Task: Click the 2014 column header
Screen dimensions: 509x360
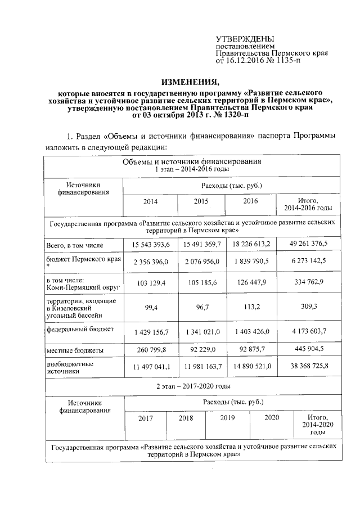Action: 150,201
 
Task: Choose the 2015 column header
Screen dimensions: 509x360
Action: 201,201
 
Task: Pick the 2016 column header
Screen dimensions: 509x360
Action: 251,201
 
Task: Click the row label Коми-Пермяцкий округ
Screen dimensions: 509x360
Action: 74,287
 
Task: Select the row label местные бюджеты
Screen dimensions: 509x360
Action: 70,351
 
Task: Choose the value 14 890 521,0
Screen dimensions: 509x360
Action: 251,367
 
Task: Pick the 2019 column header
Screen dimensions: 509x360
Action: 228,418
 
